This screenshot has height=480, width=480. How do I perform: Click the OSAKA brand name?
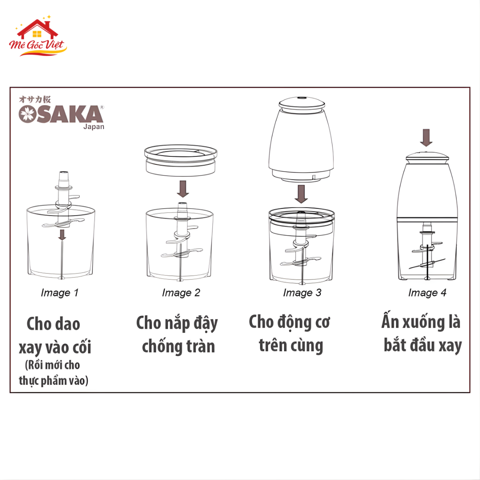[61, 115]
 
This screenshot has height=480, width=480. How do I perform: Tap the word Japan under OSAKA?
[94, 127]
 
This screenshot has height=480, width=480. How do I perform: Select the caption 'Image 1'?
[60, 292]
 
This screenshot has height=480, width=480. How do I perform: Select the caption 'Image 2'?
[181, 292]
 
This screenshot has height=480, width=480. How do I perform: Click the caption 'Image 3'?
[302, 292]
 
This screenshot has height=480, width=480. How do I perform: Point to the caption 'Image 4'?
[427, 292]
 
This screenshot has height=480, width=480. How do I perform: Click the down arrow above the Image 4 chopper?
[426, 138]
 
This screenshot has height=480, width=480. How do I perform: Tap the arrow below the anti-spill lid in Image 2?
[183, 188]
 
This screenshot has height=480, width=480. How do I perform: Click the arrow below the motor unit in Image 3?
[301, 194]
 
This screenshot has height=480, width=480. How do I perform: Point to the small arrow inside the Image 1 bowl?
[62, 235]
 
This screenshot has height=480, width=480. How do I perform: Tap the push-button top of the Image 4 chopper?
[426, 156]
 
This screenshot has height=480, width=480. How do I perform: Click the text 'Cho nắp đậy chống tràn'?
[177, 334]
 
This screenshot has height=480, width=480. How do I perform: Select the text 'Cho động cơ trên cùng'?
[290, 333]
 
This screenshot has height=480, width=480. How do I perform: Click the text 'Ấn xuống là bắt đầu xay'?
[422, 333]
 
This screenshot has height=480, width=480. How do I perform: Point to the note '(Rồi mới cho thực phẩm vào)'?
[54, 373]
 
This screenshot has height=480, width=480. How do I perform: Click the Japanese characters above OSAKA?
[35, 100]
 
